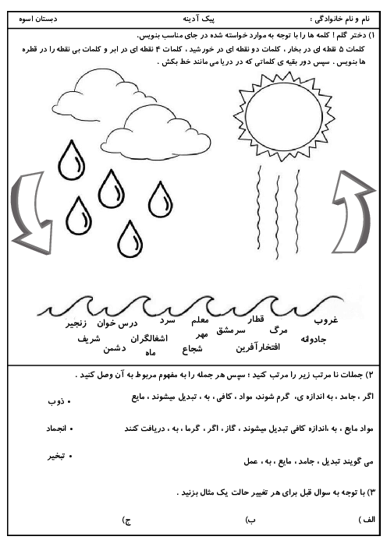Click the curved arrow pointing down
(x=30, y=210)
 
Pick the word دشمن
(x=125, y=348)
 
